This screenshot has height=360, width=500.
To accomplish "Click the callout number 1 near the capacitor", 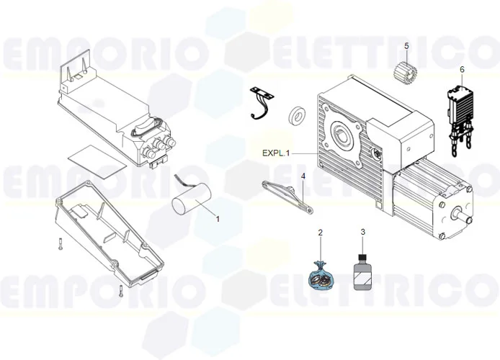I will click(x=218, y=219).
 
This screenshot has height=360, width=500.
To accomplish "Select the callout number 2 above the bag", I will click(x=321, y=233).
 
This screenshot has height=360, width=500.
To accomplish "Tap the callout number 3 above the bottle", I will click(x=363, y=232).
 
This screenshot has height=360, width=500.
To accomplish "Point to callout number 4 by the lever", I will click(x=303, y=176).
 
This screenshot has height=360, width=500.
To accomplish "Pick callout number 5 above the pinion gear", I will click(x=406, y=46).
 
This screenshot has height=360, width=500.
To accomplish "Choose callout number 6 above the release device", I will click(x=462, y=70).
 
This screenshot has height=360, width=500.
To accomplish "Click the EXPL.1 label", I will click(x=276, y=153).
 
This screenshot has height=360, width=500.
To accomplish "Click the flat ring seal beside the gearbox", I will click(x=295, y=115).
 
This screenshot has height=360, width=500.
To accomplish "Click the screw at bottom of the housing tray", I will click(x=120, y=292).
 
